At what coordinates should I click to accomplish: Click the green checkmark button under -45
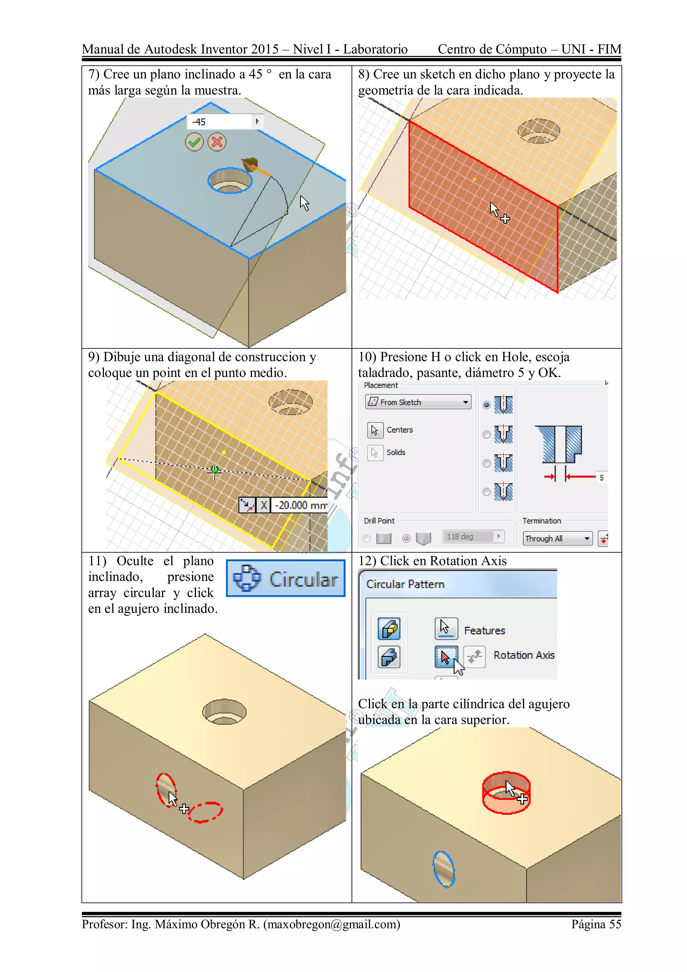[194, 142]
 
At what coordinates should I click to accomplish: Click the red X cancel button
[217, 142]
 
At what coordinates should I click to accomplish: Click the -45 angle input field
[220, 122]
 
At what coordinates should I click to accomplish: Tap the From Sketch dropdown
[418, 402]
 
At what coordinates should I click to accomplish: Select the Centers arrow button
[375, 430]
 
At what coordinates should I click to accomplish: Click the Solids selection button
[375, 453]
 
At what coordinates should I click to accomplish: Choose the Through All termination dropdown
[557, 538]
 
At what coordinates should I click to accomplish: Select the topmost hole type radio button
[487, 405]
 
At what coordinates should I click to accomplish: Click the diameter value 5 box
[601, 477]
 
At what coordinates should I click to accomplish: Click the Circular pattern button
[286, 578]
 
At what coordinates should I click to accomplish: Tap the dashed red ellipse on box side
[205, 812]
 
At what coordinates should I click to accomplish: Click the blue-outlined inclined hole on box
[443, 870]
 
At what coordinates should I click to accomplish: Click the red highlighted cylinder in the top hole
[506, 792]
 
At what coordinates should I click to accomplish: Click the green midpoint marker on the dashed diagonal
[215, 469]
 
